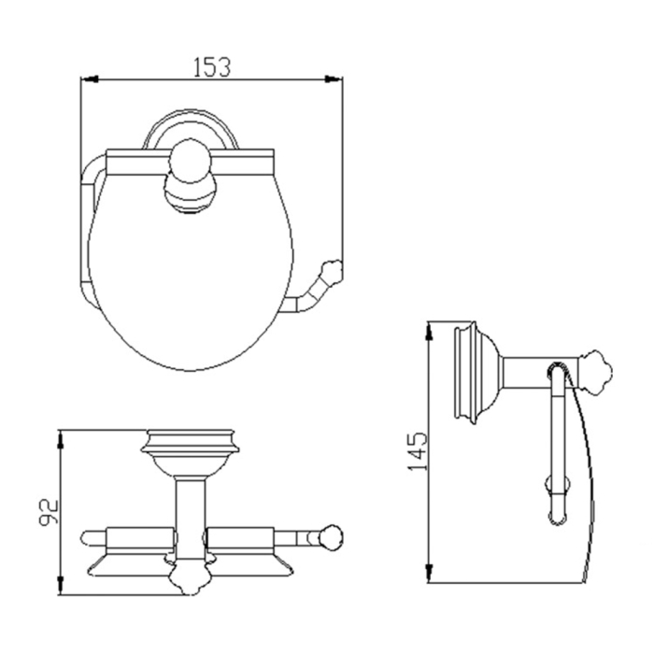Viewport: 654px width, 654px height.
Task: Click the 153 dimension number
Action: pyautogui.click(x=212, y=67)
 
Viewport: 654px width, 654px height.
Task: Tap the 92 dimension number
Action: pyautogui.click(x=48, y=512)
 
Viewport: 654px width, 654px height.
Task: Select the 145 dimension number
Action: pyautogui.click(x=418, y=451)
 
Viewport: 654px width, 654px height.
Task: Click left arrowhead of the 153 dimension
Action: pyautogui.click(x=90, y=78)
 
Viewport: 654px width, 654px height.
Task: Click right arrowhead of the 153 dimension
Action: pyautogui.click(x=334, y=78)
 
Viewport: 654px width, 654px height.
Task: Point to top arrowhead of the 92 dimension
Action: pyautogui.click(x=61, y=440)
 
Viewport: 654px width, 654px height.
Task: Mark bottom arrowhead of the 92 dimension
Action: pyautogui.click(x=61, y=585)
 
